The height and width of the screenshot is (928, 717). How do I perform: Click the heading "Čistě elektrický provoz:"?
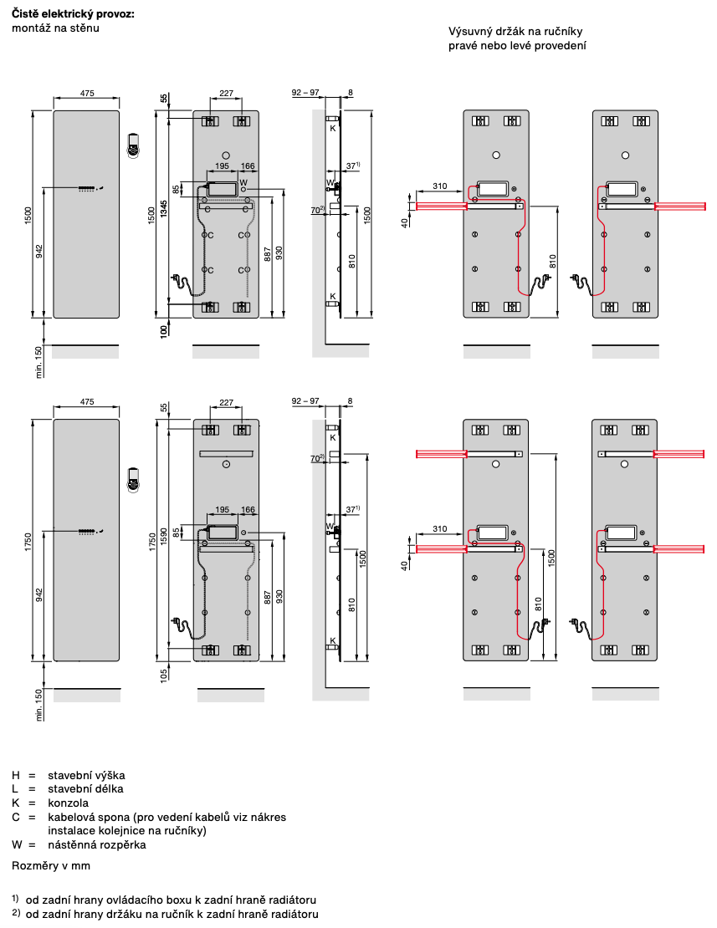73,15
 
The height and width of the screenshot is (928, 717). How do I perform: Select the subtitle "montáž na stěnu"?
55,29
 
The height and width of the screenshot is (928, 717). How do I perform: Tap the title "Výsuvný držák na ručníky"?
515,32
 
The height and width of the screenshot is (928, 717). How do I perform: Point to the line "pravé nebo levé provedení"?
517,46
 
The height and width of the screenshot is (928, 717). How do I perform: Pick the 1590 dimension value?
164,535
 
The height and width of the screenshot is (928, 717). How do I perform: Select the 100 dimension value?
164,330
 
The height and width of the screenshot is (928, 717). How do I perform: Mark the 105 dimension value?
164,674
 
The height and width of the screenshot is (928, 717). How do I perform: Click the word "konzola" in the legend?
68,803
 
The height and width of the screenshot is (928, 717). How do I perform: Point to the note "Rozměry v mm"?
50,865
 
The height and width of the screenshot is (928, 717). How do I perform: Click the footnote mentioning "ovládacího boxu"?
171,900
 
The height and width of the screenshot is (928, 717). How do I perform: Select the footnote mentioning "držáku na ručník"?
172,915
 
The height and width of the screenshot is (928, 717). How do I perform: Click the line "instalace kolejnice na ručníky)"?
126,830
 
